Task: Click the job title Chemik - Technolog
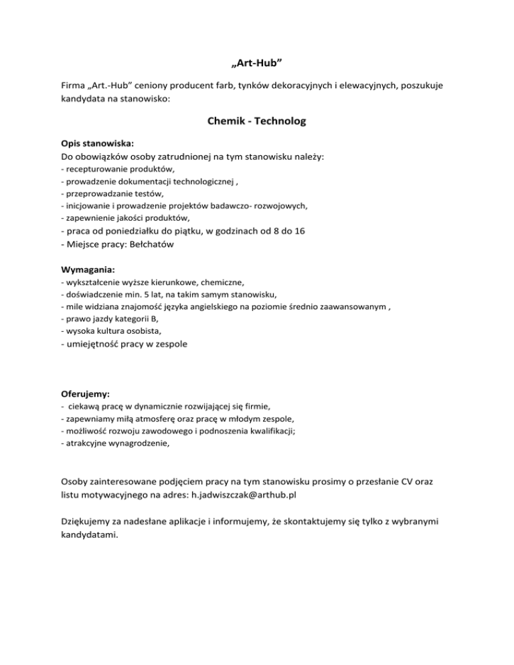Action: point(257,122)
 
